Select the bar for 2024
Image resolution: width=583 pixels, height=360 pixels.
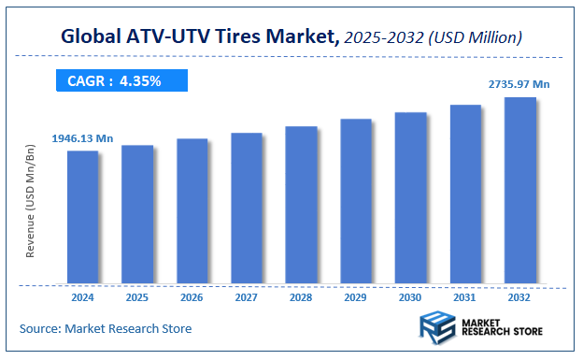(x=82, y=216)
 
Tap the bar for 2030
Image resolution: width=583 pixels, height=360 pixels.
(x=411, y=197)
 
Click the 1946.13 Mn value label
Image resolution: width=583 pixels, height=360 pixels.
(x=82, y=138)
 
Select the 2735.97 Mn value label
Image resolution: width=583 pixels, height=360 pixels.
(x=519, y=84)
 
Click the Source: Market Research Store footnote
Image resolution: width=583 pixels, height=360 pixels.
(x=105, y=328)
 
